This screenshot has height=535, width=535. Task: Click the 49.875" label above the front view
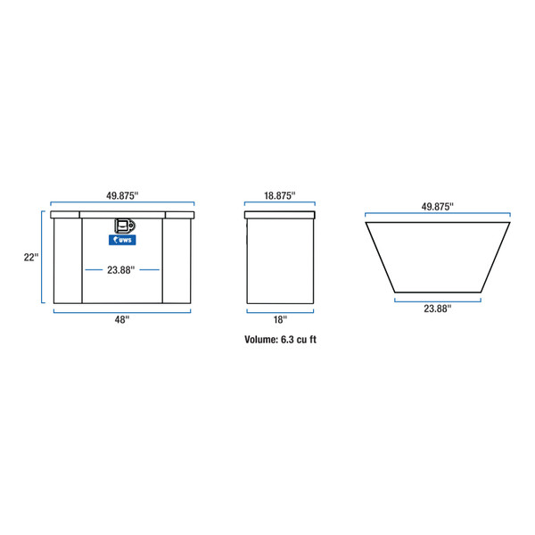122,194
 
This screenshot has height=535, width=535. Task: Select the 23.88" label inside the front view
122,268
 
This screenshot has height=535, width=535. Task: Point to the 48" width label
122,318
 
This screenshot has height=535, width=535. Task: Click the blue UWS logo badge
122,239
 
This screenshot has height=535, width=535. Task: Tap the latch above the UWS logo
123,226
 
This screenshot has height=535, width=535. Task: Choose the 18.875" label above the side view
279,194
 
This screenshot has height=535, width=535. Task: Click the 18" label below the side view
279,318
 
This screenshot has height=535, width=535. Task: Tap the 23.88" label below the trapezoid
437,308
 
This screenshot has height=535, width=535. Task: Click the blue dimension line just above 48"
122,310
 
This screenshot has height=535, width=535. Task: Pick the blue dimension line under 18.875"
279,204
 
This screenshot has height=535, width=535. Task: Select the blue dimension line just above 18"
279,310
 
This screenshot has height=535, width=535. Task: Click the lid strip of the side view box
279,216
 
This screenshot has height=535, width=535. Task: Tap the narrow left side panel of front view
68,260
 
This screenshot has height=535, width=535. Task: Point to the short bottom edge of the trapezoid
437,292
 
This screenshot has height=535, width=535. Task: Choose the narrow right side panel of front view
177,260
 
